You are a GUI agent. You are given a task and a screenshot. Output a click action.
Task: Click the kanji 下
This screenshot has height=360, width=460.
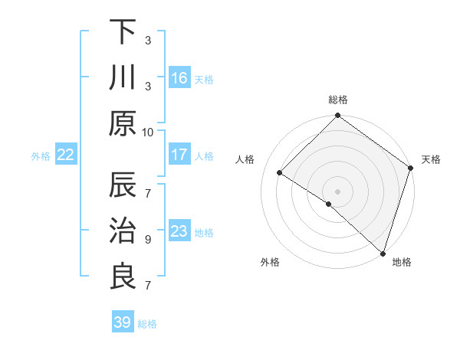pos(123,33)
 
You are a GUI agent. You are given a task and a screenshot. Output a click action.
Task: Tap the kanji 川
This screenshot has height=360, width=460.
pos(123,78)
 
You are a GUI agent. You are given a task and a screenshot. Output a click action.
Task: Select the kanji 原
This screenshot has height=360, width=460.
pos(123,123)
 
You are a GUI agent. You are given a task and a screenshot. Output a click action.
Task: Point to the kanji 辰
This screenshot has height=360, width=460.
pos(123,186)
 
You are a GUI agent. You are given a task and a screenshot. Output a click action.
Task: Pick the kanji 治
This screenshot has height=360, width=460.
pos(123,231)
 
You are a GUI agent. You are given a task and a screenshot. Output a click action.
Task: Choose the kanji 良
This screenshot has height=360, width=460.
pos(123,277)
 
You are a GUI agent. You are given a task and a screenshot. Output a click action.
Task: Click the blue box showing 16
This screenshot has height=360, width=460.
pos(179,78)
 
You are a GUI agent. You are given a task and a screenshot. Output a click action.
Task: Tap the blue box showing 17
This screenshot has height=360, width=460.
pos(179,155)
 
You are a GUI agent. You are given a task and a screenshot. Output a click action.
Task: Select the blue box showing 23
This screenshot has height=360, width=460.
pos(179,231)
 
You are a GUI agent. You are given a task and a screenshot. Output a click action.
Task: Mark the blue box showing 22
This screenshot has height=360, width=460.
pos(66,155)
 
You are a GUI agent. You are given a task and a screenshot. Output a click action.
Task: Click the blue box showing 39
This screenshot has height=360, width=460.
pos(123,322)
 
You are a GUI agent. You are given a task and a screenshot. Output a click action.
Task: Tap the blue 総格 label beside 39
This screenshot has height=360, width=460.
pos(148,324)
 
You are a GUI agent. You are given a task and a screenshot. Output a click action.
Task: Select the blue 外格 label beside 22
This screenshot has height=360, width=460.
pos(41,156)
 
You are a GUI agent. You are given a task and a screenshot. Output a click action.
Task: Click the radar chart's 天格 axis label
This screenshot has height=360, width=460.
pos(431,159)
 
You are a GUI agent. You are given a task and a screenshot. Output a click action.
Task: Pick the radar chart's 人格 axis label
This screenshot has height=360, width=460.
pos(245,159)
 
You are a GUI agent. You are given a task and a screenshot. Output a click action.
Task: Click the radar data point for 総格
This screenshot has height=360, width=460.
pos(338,116)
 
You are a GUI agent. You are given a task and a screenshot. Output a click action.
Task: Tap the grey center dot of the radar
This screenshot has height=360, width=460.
pos(338,191)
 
